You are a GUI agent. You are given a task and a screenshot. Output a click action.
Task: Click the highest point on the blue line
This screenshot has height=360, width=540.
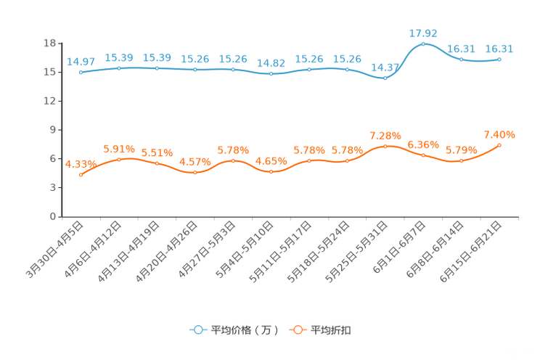pyautogui.click(x=423, y=44)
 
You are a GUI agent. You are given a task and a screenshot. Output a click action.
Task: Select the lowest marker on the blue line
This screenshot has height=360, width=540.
pyautogui.click(x=385, y=78)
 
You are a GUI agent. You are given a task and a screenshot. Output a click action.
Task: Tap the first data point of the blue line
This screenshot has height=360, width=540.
pyautogui.click(x=81, y=72)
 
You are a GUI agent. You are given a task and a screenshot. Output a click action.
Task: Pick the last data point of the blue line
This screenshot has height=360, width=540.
pyautogui.click(x=499, y=59)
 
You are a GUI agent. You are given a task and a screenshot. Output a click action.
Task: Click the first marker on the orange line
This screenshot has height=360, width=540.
pyautogui.click(x=81, y=174)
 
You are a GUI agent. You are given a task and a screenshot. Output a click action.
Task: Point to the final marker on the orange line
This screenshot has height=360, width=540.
pyautogui.click(x=499, y=145)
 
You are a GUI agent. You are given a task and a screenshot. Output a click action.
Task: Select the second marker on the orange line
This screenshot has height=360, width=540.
pyautogui.click(x=119, y=159)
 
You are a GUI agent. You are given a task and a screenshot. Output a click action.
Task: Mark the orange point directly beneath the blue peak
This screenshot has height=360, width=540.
pyautogui.click(x=423, y=155)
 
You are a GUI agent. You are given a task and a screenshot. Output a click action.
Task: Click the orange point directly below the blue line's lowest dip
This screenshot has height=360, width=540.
pyautogui.click(x=385, y=146)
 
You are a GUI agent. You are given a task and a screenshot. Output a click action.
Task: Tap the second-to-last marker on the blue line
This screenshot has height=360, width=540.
pyautogui.click(x=461, y=59)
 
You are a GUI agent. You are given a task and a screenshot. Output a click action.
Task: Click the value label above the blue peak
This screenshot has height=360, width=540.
pyautogui.click(x=423, y=33)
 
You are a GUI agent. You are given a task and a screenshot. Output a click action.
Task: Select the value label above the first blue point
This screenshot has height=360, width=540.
pyautogui.click(x=81, y=61)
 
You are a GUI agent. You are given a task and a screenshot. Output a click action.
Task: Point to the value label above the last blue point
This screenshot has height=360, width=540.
pyautogui.click(x=499, y=49)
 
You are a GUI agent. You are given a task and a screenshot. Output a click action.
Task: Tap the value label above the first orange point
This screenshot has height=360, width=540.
pyautogui.click(x=79, y=163)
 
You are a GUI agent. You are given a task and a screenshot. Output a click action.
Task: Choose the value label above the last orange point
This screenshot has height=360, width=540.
pyautogui.click(x=499, y=134)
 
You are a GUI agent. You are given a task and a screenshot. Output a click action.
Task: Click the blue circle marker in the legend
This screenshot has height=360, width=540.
pyautogui.click(x=197, y=330)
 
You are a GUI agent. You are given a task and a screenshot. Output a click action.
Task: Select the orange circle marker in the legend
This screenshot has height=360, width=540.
pyautogui.click(x=297, y=330)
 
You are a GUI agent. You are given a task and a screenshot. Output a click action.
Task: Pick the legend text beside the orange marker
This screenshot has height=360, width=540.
pyautogui.click(x=331, y=330)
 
